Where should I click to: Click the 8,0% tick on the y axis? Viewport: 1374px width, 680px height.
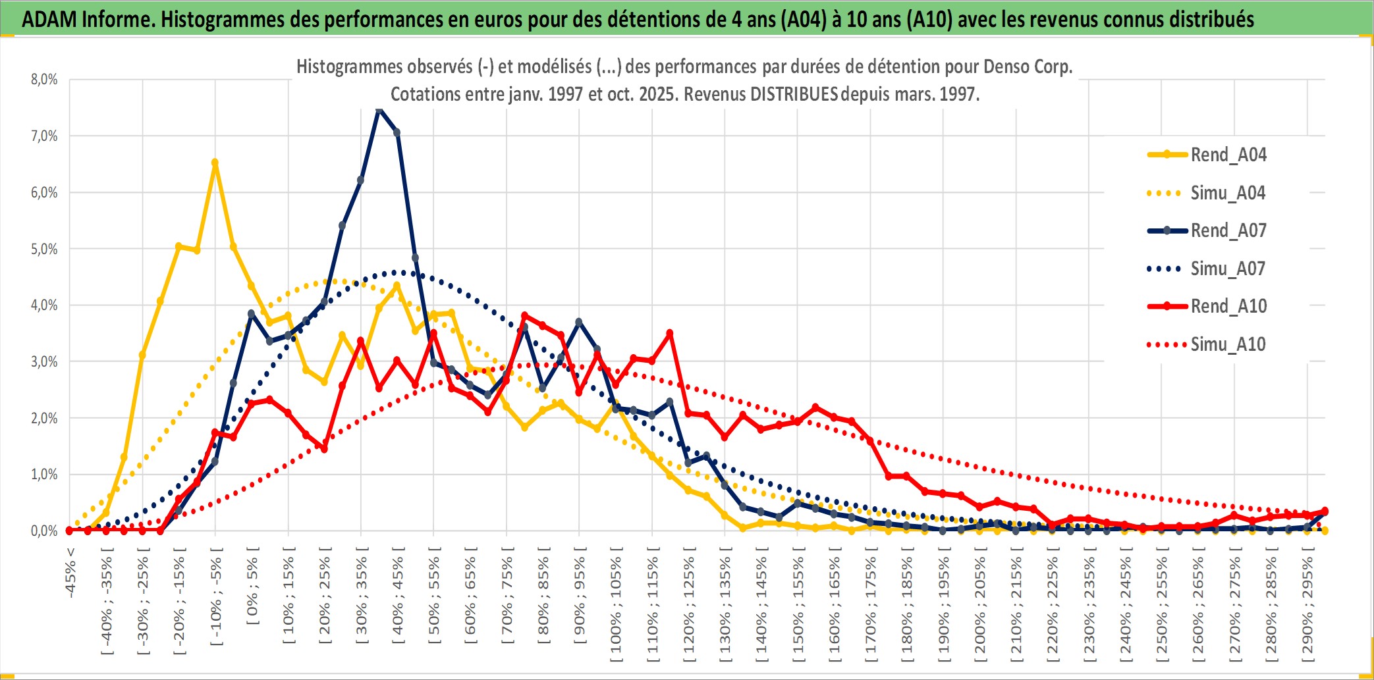click(x=44, y=80)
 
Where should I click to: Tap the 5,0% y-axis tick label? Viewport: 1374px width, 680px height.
click(x=44, y=249)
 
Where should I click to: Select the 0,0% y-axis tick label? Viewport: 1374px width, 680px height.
click(x=44, y=531)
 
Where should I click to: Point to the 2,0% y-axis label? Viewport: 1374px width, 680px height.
click(x=44, y=418)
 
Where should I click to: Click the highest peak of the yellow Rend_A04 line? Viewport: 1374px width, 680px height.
click(x=215, y=162)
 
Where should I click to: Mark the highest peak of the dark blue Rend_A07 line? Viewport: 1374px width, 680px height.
click(x=379, y=109)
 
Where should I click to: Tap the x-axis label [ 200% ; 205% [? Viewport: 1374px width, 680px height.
click(x=979, y=605)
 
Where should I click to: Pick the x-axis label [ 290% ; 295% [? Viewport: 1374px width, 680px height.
click(x=1307, y=605)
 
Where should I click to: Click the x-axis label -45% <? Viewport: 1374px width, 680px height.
click(x=70, y=573)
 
